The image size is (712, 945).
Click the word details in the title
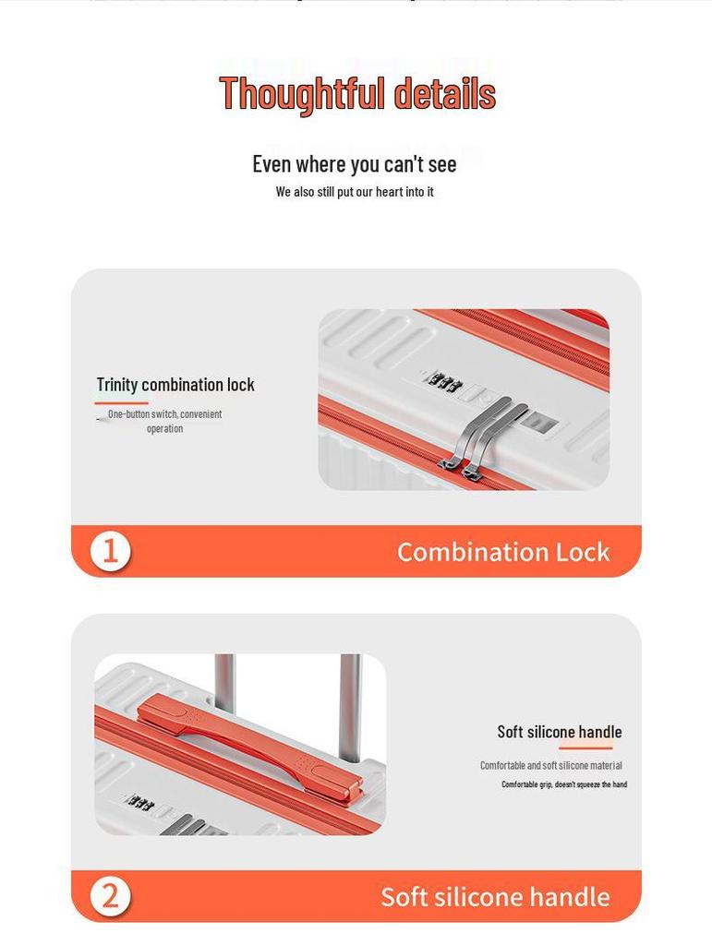pos(445,93)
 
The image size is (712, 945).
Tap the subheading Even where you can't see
pos(355,164)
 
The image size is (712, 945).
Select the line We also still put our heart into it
pos(355,192)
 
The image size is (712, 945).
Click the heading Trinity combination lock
pos(175,385)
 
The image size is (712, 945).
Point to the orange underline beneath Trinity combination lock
pos(121,402)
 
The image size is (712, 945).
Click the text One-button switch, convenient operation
pos(164,421)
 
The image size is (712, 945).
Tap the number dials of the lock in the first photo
pos(442,383)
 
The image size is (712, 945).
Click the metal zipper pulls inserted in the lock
pos(482,436)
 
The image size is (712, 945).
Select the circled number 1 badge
pos(110,551)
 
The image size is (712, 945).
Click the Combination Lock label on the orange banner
pos(503,552)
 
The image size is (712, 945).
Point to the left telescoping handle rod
pos(224,682)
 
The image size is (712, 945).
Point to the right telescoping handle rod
pos(350,708)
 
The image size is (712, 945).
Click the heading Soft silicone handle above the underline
pos(560,732)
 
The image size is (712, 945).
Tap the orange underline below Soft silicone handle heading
pos(585,748)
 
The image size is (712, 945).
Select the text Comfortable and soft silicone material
pos(551,765)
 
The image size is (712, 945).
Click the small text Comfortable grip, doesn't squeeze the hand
pos(564,784)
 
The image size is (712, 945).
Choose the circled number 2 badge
pos(110,896)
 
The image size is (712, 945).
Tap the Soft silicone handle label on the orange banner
pos(496,897)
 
